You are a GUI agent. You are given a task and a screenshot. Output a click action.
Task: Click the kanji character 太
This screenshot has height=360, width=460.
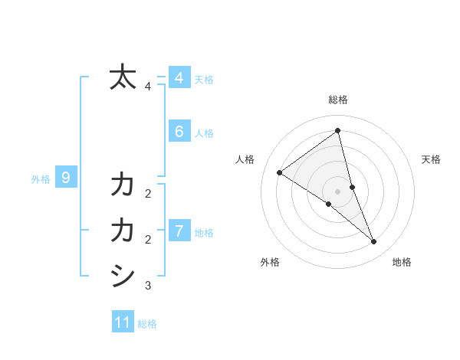(x=123, y=77)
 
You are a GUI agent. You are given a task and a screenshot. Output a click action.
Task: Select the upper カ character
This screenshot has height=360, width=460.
(x=123, y=185)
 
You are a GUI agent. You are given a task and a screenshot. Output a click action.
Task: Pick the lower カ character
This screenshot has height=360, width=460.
(x=123, y=230)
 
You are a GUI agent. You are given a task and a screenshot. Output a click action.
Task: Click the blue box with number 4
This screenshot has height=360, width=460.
(x=179, y=77)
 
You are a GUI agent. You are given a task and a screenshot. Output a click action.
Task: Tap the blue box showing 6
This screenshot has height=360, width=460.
(x=179, y=131)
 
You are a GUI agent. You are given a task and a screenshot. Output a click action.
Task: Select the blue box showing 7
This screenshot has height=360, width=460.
(x=179, y=230)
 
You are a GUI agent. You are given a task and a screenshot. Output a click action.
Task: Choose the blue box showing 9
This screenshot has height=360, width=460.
(x=66, y=178)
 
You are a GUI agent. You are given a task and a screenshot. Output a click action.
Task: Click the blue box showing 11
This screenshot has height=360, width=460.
(x=123, y=322)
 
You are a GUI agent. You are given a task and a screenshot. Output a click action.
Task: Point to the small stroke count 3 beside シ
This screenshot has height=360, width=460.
(x=148, y=286)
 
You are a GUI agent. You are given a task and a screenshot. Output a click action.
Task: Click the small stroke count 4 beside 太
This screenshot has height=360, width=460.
(x=148, y=87)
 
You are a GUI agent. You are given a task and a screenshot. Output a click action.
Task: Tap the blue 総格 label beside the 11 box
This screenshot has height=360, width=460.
(x=147, y=324)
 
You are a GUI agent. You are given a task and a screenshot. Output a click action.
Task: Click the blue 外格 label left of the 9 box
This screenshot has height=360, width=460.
(x=41, y=179)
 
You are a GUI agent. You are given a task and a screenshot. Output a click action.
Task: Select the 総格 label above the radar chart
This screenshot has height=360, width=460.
(x=337, y=100)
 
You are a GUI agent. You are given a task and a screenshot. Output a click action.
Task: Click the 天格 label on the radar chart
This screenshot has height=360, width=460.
(x=431, y=159)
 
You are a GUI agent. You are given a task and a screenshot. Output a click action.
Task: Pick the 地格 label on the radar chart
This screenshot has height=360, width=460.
(x=402, y=262)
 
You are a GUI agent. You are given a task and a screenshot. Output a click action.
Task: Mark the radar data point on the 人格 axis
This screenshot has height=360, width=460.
(x=279, y=172)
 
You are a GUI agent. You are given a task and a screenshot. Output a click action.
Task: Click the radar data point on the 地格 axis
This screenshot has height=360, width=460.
(x=373, y=241)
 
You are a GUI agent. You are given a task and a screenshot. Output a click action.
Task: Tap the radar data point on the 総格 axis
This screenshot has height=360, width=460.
(x=337, y=131)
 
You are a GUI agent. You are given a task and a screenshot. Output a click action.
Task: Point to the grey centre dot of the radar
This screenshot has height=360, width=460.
(x=337, y=191)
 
